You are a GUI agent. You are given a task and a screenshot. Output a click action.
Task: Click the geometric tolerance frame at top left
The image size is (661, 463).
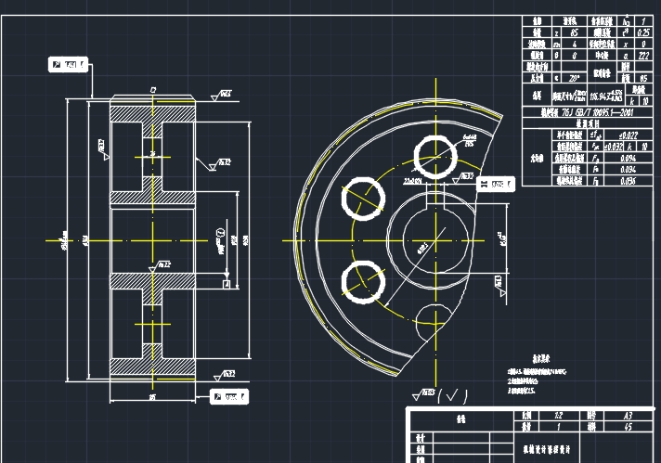[67, 64]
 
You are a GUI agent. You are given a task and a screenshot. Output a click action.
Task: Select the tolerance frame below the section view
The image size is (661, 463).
[231, 397]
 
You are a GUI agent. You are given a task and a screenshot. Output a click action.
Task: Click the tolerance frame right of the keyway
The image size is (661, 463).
[495, 185]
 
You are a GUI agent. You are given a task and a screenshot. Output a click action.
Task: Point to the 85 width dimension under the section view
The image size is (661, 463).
[152, 397]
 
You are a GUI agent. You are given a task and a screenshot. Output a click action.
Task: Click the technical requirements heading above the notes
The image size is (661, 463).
[543, 357]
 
